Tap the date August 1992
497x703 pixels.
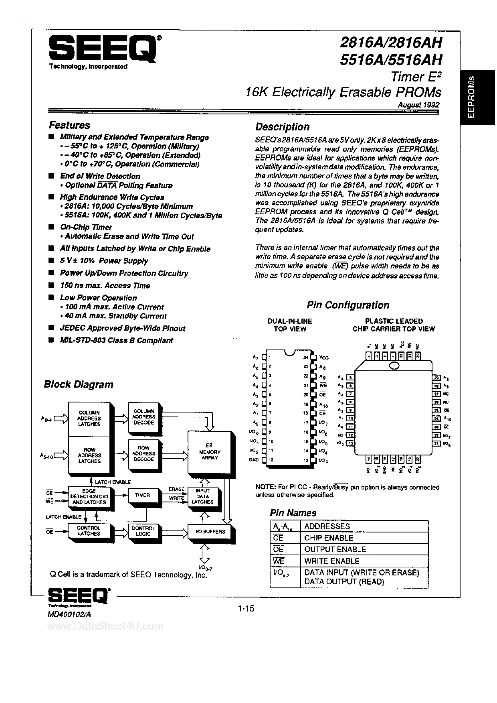418,105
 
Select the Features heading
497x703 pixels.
69,125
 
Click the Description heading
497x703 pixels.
282,127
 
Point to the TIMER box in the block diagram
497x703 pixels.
142,496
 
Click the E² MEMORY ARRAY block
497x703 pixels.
210,452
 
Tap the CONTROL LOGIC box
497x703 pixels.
143,531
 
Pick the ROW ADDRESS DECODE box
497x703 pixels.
143,453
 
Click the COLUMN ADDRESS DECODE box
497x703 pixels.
143,417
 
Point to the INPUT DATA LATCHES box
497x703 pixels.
202,496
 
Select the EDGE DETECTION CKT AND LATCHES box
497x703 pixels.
89,497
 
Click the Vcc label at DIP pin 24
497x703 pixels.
324,358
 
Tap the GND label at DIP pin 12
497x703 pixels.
254,460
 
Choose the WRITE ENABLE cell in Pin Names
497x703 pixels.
331,561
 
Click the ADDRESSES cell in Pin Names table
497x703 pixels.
327,526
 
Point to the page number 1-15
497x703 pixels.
246,609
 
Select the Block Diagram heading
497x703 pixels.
79,384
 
